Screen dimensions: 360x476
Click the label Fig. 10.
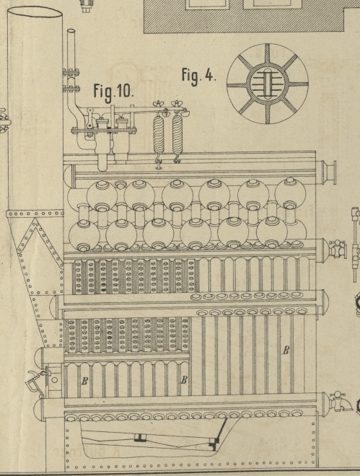(113, 92)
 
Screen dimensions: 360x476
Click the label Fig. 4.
(199, 75)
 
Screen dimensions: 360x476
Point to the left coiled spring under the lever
(158, 134)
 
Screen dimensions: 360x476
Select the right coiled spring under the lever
(177, 134)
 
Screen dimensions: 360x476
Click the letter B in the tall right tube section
(286, 351)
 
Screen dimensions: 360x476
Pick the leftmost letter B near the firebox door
(84, 381)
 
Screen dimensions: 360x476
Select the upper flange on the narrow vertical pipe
(71, 72)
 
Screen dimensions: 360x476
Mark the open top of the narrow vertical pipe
(71, 31)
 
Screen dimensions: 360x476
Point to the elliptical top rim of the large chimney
(35, 12)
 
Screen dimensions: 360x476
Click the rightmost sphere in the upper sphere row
(290, 194)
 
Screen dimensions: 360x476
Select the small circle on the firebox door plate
(54, 380)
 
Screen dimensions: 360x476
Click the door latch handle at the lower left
(36, 382)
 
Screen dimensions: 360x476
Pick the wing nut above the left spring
(158, 105)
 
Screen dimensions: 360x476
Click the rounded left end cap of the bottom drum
(39, 409)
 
